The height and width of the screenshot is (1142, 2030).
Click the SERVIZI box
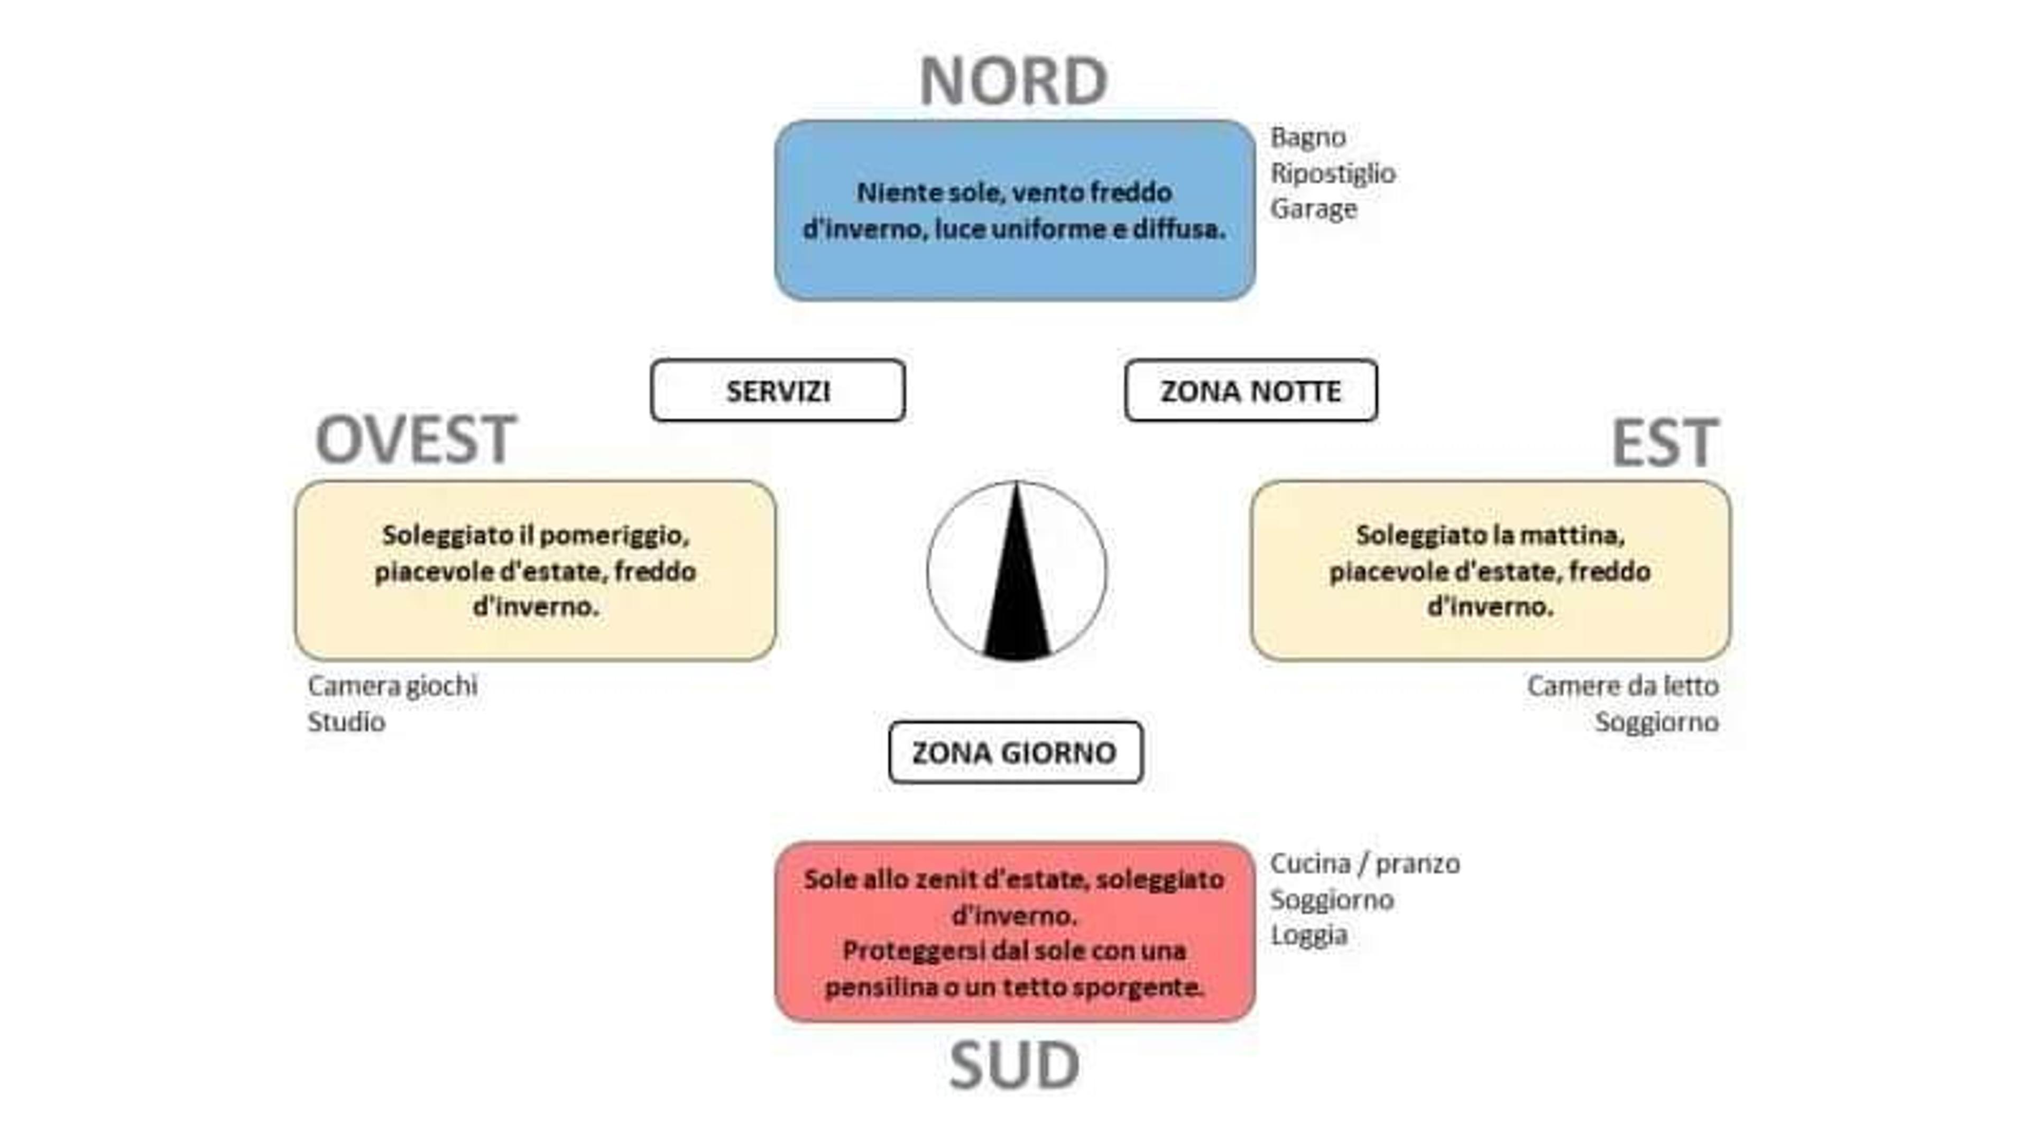(778, 391)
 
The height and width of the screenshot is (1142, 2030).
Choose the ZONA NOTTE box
(1251, 391)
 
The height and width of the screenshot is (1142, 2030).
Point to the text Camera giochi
(392, 686)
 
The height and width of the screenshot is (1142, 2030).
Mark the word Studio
(346, 722)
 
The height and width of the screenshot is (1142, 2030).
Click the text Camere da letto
(1622, 686)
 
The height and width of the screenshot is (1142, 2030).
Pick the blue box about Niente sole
(1015, 210)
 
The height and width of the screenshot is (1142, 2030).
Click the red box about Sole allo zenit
(1015, 932)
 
